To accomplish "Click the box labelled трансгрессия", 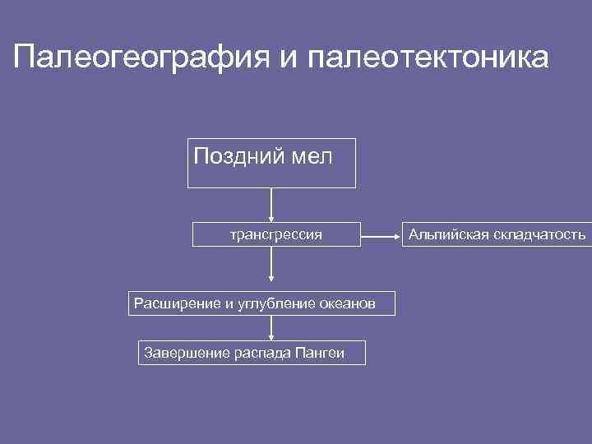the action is [x=275, y=235].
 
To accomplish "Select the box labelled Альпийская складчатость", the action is [x=497, y=235].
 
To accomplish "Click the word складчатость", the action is [x=540, y=235].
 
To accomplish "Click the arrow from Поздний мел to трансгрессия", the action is [x=271, y=205].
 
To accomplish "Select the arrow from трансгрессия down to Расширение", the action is [x=271, y=268].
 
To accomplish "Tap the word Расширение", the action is [x=171, y=304].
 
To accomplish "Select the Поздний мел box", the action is [x=272, y=164].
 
